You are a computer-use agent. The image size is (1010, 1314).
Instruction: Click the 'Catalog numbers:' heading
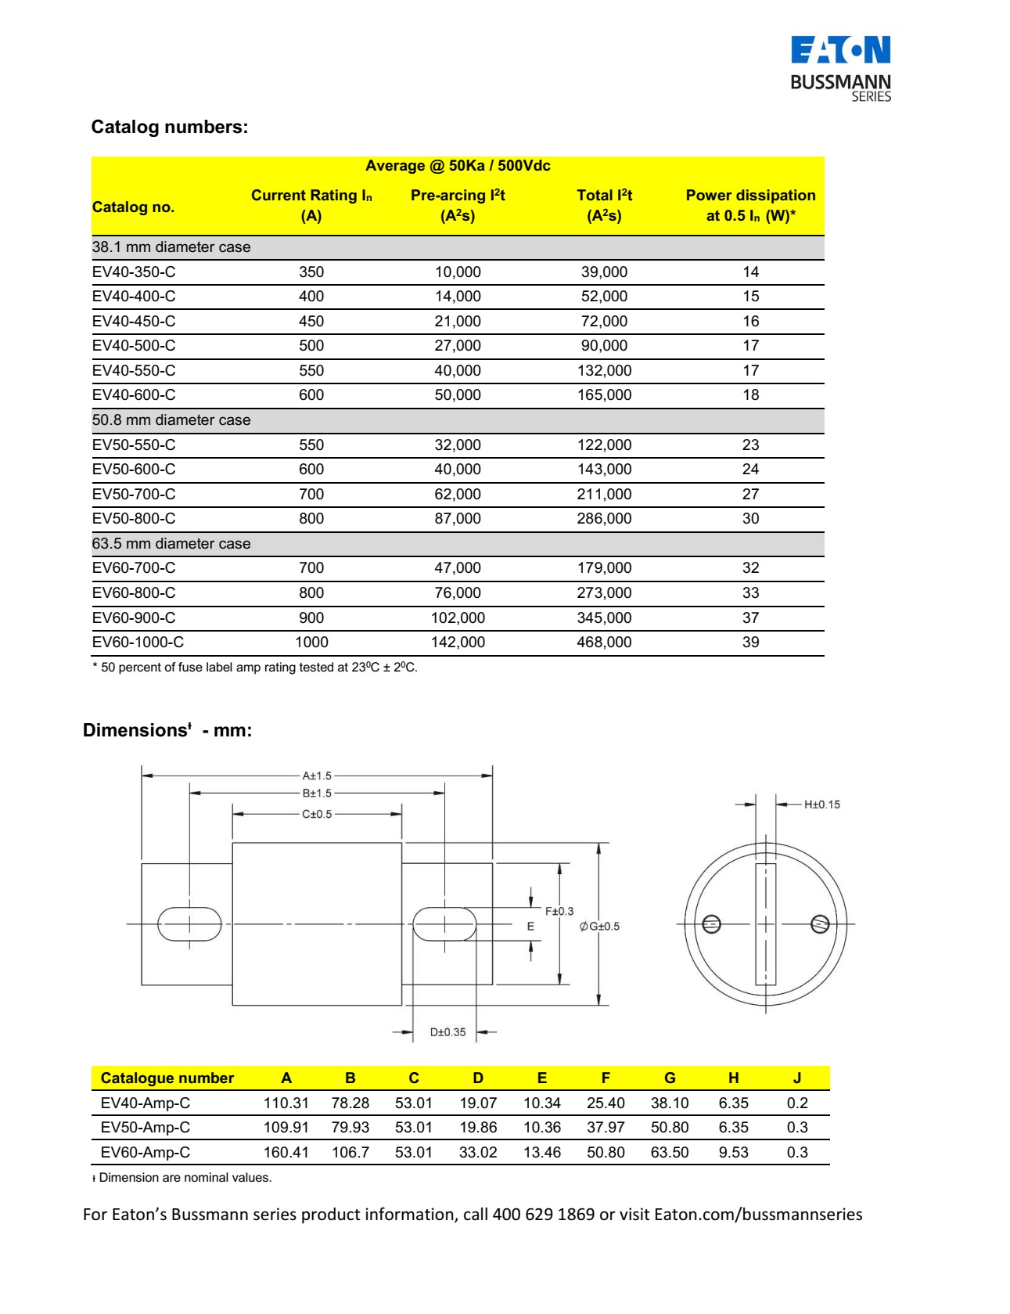point(169,127)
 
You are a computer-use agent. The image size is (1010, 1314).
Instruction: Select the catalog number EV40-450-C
point(134,321)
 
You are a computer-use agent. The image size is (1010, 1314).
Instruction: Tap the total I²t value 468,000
point(604,642)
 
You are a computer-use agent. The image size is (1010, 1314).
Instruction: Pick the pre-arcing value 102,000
point(458,617)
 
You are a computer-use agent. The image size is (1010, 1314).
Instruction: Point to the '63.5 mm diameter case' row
point(171,543)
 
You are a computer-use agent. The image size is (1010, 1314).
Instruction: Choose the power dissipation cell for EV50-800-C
point(750,518)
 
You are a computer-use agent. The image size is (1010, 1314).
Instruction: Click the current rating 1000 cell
point(311,642)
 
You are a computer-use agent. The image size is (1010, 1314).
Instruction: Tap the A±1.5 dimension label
point(317,776)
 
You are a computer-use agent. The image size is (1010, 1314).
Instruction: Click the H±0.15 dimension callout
point(821,805)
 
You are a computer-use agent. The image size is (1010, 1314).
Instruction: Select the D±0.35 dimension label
point(447,1032)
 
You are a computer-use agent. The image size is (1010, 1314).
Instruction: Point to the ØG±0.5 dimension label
point(599,927)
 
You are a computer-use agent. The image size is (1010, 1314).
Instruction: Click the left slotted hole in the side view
point(189,924)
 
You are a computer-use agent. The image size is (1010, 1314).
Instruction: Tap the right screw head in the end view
point(820,924)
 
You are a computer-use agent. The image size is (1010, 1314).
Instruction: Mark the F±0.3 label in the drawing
point(559,911)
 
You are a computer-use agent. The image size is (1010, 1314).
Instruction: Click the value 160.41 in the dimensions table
point(286,1152)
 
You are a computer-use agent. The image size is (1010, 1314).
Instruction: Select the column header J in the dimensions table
point(797,1078)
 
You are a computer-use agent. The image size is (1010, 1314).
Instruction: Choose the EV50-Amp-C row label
point(146,1127)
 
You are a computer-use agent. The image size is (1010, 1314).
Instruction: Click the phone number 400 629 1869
point(543,1215)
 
